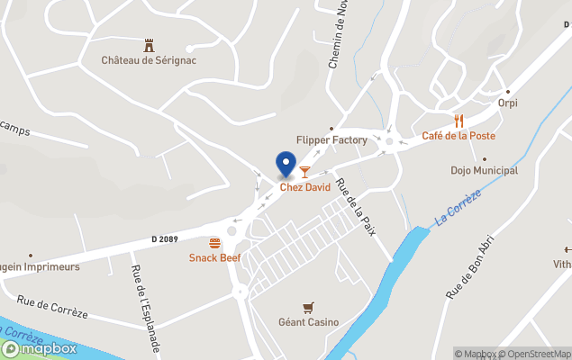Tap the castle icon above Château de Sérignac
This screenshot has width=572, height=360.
(x=149, y=44)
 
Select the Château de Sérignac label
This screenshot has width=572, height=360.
(x=149, y=60)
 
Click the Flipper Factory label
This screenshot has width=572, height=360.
(x=331, y=140)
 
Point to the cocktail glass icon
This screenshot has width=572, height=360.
(x=304, y=171)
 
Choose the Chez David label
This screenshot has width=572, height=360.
(x=304, y=187)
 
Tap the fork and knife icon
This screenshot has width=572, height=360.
(x=459, y=120)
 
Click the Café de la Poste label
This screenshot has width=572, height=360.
(x=459, y=136)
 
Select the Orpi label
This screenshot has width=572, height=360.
(x=508, y=103)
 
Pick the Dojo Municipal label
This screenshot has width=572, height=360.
(x=485, y=170)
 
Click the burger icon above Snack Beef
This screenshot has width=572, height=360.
(x=214, y=243)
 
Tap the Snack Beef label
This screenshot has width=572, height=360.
(x=214, y=258)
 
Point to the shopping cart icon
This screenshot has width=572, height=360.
(x=308, y=307)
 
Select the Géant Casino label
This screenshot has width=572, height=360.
(x=308, y=322)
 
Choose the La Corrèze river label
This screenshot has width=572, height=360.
(x=459, y=208)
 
